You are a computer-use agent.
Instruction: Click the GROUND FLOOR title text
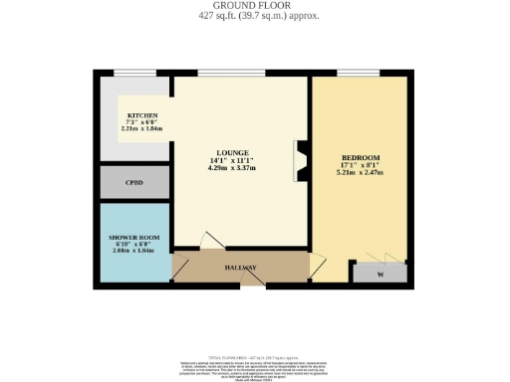click(x=254, y=6)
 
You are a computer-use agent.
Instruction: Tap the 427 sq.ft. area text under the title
click(x=254, y=17)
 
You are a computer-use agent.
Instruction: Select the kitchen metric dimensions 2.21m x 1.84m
click(x=140, y=128)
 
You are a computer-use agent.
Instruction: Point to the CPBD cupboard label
click(x=133, y=183)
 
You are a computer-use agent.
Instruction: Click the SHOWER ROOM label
click(x=133, y=237)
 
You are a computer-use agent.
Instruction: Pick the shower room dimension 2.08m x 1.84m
click(x=133, y=251)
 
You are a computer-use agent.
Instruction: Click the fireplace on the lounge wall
click(x=299, y=160)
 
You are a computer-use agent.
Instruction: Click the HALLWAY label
click(x=240, y=268)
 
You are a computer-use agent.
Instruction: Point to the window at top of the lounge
click(x=231, y=74)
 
